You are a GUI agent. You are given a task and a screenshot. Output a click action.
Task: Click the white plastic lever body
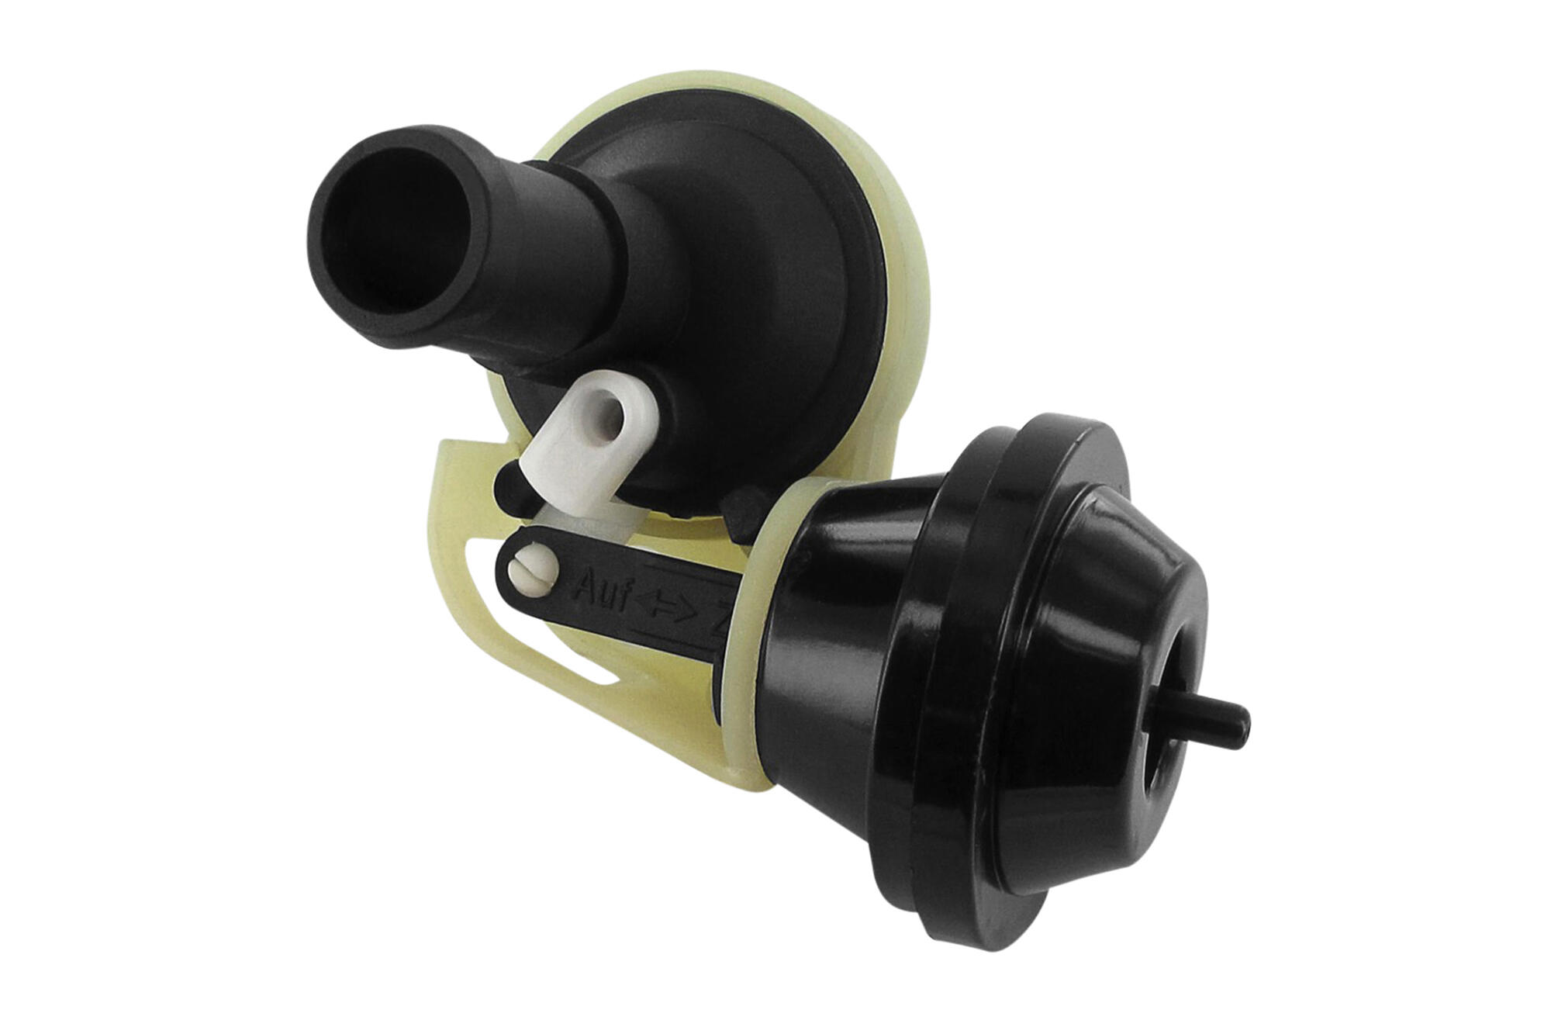(x=574, y=458)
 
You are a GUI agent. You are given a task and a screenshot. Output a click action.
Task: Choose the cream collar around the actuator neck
(x=756, y=621)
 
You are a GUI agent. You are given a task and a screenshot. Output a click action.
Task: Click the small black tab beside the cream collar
(x=741, y=516)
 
